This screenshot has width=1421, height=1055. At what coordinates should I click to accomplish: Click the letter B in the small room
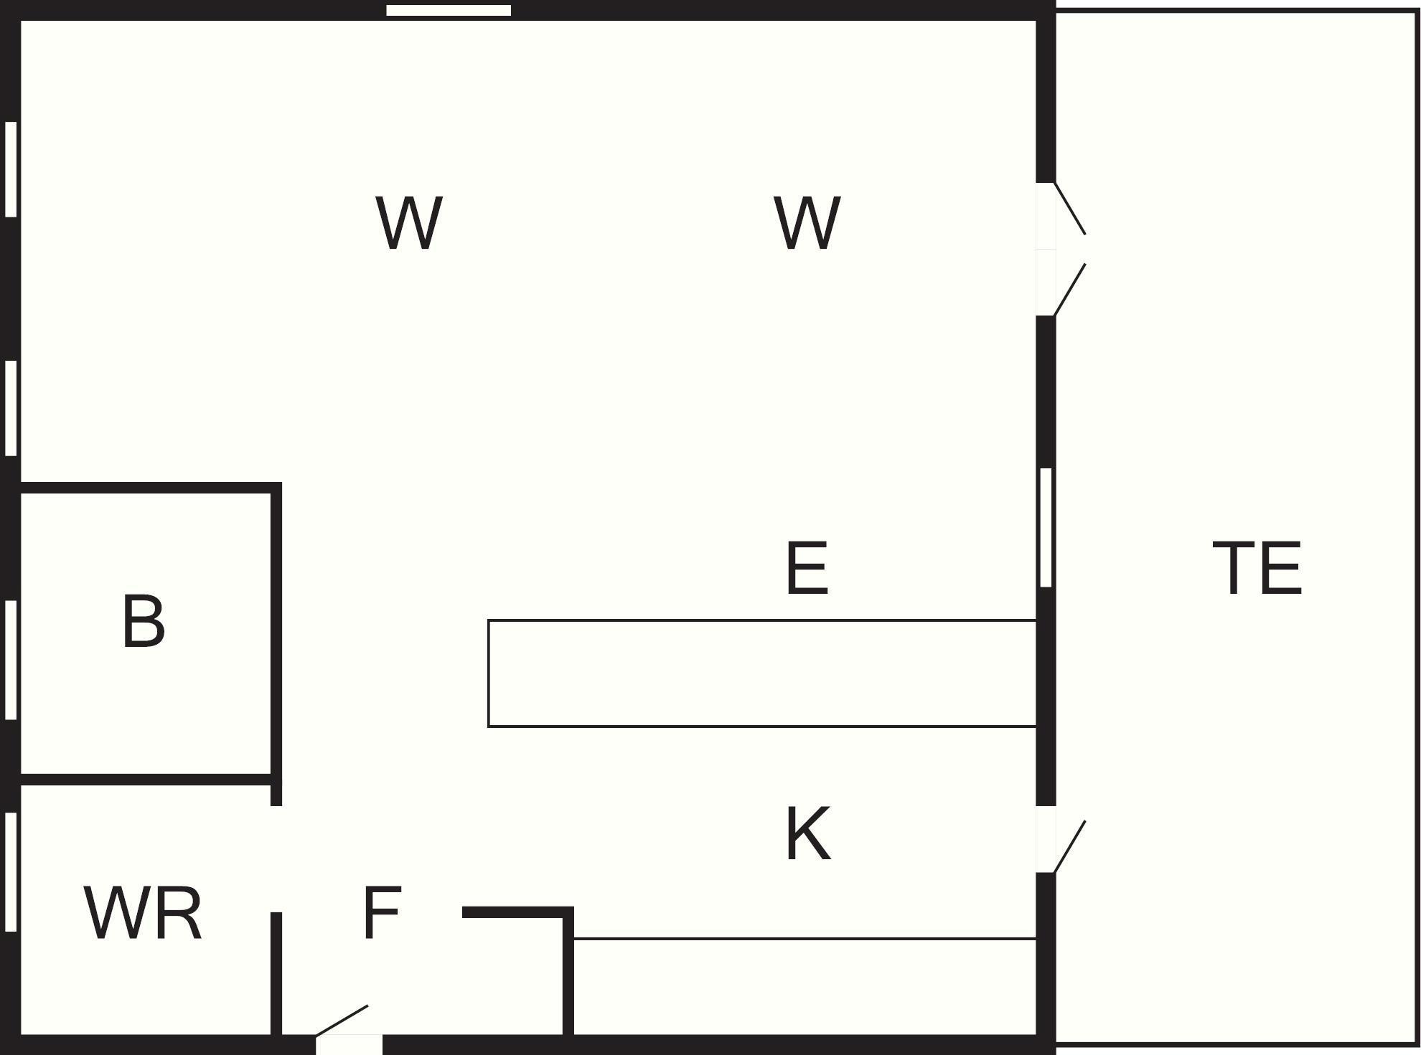point(144,621)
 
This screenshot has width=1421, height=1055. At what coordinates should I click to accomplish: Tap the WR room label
point(143,913)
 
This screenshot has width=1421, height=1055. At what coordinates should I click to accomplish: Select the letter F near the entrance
point(381,912)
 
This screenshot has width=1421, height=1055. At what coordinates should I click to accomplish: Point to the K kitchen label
point(808,834)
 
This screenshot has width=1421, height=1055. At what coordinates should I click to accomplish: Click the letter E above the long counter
point(807,568)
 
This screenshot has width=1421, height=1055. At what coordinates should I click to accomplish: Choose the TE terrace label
point(1257,568)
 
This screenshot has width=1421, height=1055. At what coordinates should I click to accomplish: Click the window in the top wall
point(449,10)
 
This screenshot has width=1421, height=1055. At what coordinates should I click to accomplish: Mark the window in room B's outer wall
point(11,660)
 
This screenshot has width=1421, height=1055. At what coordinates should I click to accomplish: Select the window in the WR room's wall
point(11,871)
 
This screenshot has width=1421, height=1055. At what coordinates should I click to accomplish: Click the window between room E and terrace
point(1046,527)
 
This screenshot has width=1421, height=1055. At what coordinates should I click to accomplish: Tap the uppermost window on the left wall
point(11,169)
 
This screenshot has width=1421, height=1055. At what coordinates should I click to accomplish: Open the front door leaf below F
point(342,1021)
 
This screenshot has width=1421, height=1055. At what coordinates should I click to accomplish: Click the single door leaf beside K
point(1069,846)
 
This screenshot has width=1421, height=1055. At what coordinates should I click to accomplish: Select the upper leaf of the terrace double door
point(1069,208)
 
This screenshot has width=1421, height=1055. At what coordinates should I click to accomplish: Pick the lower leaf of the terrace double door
point(1069,290)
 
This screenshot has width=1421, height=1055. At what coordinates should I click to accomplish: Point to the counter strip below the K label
point(804,986)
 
